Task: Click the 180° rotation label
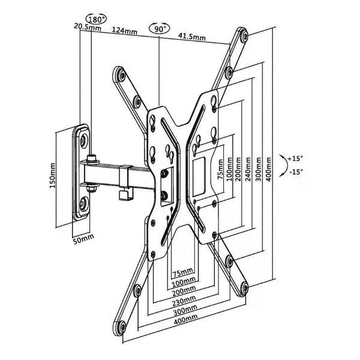point(96,19)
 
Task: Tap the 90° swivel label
point(160,29)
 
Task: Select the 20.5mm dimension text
point(87,27)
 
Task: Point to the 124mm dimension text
point(124,31)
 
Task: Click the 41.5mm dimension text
point(192,37)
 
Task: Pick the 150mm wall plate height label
point(53,176)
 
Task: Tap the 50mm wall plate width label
point(83,239)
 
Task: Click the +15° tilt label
point(296,158)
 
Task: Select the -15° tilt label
point(296,172)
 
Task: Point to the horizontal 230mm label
point(184,301)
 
